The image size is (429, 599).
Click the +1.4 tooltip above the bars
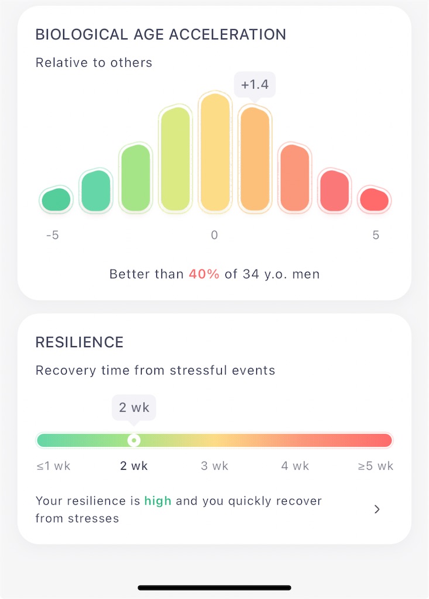point(255,85)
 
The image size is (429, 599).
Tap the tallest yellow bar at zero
point(215,152)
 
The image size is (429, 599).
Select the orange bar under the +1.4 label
point(255,159)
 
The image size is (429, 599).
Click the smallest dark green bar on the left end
point(56,199)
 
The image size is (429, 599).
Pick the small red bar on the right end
point(375,199)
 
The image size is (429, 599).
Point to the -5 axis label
point(53,235)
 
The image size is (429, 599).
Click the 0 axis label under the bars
point(214,235)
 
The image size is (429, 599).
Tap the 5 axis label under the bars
point(376,235)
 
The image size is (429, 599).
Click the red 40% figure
point(204,274)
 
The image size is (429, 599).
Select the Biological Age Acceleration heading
point(160,35)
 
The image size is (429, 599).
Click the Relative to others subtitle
point(94,62)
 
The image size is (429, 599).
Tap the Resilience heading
point(80,342)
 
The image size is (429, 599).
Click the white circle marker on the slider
point(134,440)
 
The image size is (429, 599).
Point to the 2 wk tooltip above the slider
point(134,408)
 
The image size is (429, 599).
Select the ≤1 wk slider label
point(53,466)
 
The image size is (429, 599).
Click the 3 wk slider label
point(214,466)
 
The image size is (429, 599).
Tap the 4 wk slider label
point(295,466)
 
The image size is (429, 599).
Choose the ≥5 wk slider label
point(376,466)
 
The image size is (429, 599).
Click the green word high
point(157,501)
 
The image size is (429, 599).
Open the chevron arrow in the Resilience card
point(377,510)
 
